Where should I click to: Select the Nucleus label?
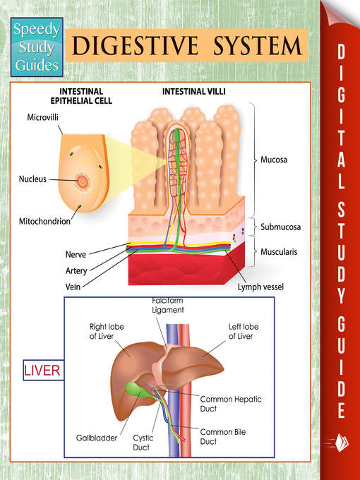(x=32, y=179)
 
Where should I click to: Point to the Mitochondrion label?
(x=44, y=221)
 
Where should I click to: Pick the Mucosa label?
(x=274, y=160)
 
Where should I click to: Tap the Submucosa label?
(x=281, y=227)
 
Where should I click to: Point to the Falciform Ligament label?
(x=168, y=305)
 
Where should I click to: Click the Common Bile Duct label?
(x=221, y=436)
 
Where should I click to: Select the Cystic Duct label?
(x=143, y=442)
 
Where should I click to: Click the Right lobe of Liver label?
(x=107, y=331)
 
